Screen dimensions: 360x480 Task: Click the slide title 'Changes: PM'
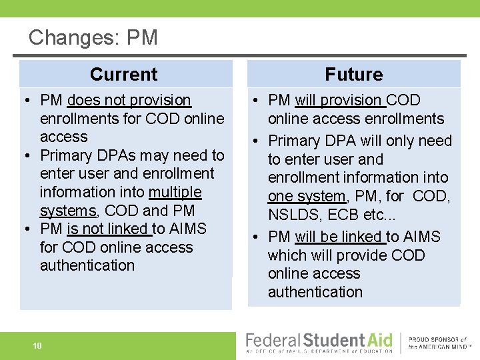tap(93, 37)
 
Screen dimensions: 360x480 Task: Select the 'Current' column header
tap(123, 74)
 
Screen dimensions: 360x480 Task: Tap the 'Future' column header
tap(353, 74)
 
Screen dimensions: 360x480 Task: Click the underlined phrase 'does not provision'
tap(129, 100)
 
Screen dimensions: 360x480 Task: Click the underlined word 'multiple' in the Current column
tap(175, 192)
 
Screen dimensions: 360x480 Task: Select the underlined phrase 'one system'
tap(307, 196)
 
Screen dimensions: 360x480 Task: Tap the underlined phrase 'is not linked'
tap(108, 229)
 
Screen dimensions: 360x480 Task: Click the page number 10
tap(38, 345)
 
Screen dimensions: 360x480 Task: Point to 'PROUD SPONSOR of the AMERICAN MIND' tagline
tap(437, 343)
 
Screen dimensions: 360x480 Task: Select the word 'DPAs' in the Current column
tap(119, 155)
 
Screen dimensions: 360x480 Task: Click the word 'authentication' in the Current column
tap(87, 265)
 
